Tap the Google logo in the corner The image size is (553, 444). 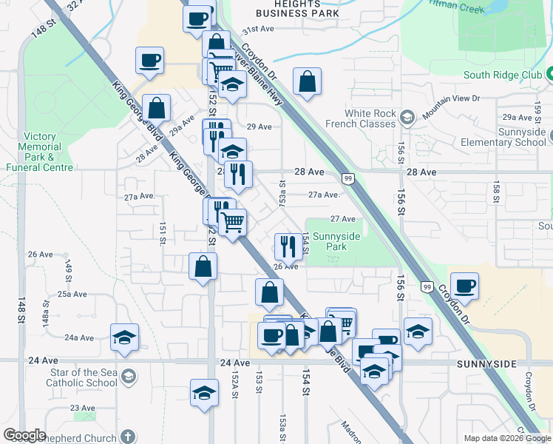tap(24, 435)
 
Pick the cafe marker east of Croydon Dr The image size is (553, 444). tap(464, 286)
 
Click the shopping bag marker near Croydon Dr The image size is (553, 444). tap(307, 82)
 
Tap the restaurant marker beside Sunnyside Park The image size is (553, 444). tap(288, 246)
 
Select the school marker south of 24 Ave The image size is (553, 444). tap(204, 393)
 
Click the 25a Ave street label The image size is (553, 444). tap(74, 294)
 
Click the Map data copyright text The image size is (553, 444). tap(507, 438)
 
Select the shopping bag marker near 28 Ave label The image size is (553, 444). tap(157, 109)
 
